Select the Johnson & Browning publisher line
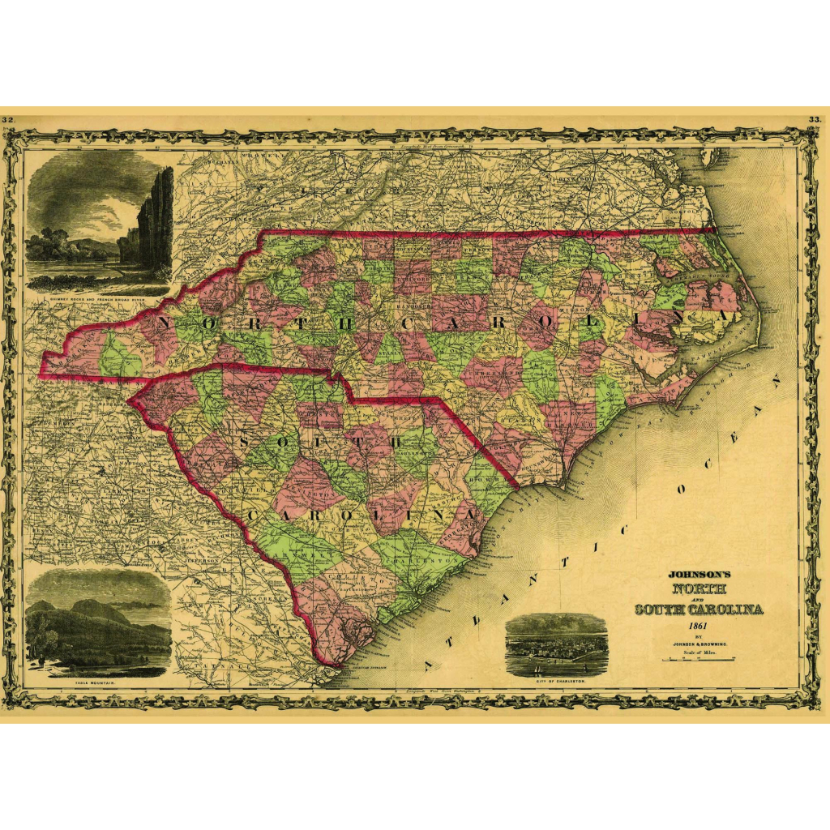698,644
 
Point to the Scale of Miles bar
699,660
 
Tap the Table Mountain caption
96,683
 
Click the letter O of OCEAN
682,490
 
